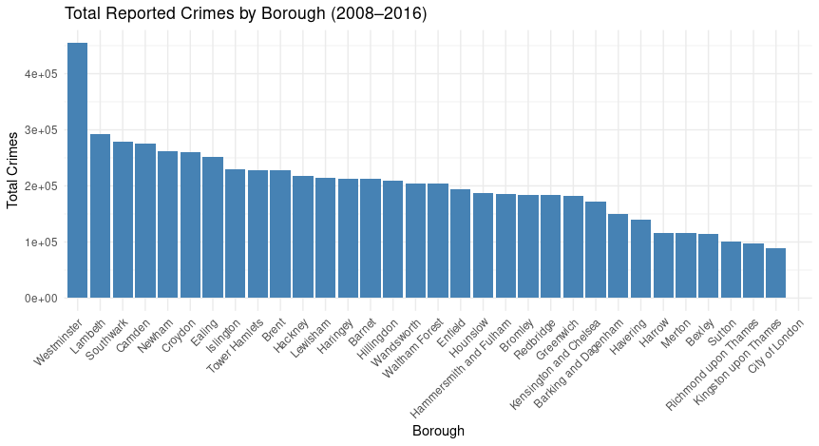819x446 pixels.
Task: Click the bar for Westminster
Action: pyautogui.click(x=77, y=171)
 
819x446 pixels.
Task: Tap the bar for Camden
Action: pyautogui.click(x=144, y=222)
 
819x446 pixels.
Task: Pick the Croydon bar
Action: pyautogui.click(x=190, y=225)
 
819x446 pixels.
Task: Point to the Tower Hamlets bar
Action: pyautogui.click(x=257, y=234)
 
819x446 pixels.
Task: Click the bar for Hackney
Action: pyautogui.click(x=303, y=237)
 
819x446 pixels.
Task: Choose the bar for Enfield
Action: pyautogui.click(x=460, y=243)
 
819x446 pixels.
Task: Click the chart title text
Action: pyautogui.click(x=245, y=13)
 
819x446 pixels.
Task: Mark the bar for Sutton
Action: pyautogui.click(x=731, y=270)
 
